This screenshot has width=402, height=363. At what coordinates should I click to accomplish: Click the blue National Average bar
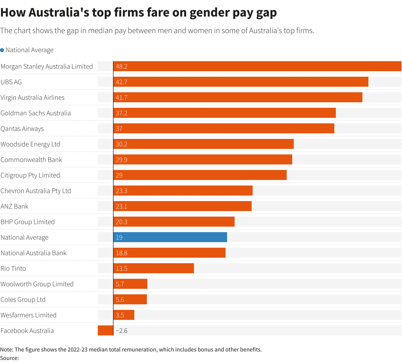click(170, 237)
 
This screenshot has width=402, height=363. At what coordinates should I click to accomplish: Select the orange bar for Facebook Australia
click(105, 330)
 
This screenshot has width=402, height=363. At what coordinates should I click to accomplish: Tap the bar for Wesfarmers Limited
click(124, 315)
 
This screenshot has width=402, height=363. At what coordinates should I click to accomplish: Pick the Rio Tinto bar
click(154, 268)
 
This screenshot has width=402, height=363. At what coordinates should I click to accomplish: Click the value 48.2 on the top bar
click(122, 66)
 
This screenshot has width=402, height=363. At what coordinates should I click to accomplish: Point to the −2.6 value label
click(122, 331)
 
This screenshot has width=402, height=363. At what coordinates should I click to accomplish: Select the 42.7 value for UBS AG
click(122, 82)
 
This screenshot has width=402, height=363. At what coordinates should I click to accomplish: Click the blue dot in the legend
click(2, 50)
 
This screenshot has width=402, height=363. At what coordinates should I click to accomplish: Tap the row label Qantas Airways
click(22, 129)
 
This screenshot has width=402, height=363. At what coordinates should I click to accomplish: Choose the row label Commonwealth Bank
click(31, 160)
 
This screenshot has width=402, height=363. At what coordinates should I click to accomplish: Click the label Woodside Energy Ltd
click(30, 144)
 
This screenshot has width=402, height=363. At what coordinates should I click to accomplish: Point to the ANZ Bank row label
click(15, 206)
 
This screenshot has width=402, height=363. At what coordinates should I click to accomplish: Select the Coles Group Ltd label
click(23, 300)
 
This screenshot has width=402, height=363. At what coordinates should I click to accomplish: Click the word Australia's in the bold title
click(59, 13)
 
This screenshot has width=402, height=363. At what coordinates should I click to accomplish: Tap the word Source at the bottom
click(9, 358)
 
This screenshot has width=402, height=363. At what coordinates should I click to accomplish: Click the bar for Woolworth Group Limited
click(130, 284)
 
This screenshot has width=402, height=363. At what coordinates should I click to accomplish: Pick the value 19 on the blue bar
click(119, 237)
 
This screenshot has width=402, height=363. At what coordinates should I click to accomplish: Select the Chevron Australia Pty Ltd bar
click(183, 191)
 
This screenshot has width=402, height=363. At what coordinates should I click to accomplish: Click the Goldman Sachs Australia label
click(36, 113)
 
